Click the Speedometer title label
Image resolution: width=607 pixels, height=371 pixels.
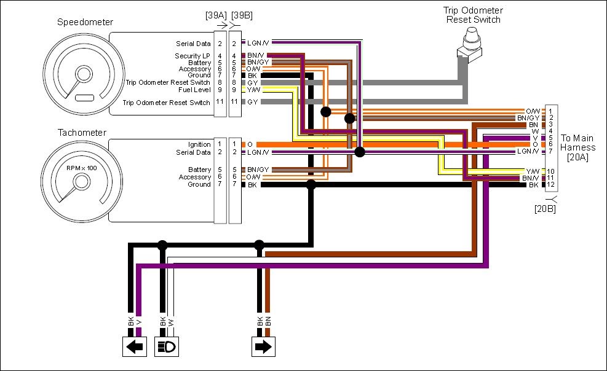85,23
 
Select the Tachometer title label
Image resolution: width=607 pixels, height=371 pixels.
82,133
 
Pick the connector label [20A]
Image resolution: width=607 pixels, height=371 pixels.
578,157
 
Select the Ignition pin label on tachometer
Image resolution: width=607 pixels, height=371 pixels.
199,144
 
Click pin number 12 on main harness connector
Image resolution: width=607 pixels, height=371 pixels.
551,185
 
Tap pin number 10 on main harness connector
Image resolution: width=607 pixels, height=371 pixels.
551,171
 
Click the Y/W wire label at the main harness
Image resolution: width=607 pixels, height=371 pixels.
532,171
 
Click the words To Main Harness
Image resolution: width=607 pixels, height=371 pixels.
577,143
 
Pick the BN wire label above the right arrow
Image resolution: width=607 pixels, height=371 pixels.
269,321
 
